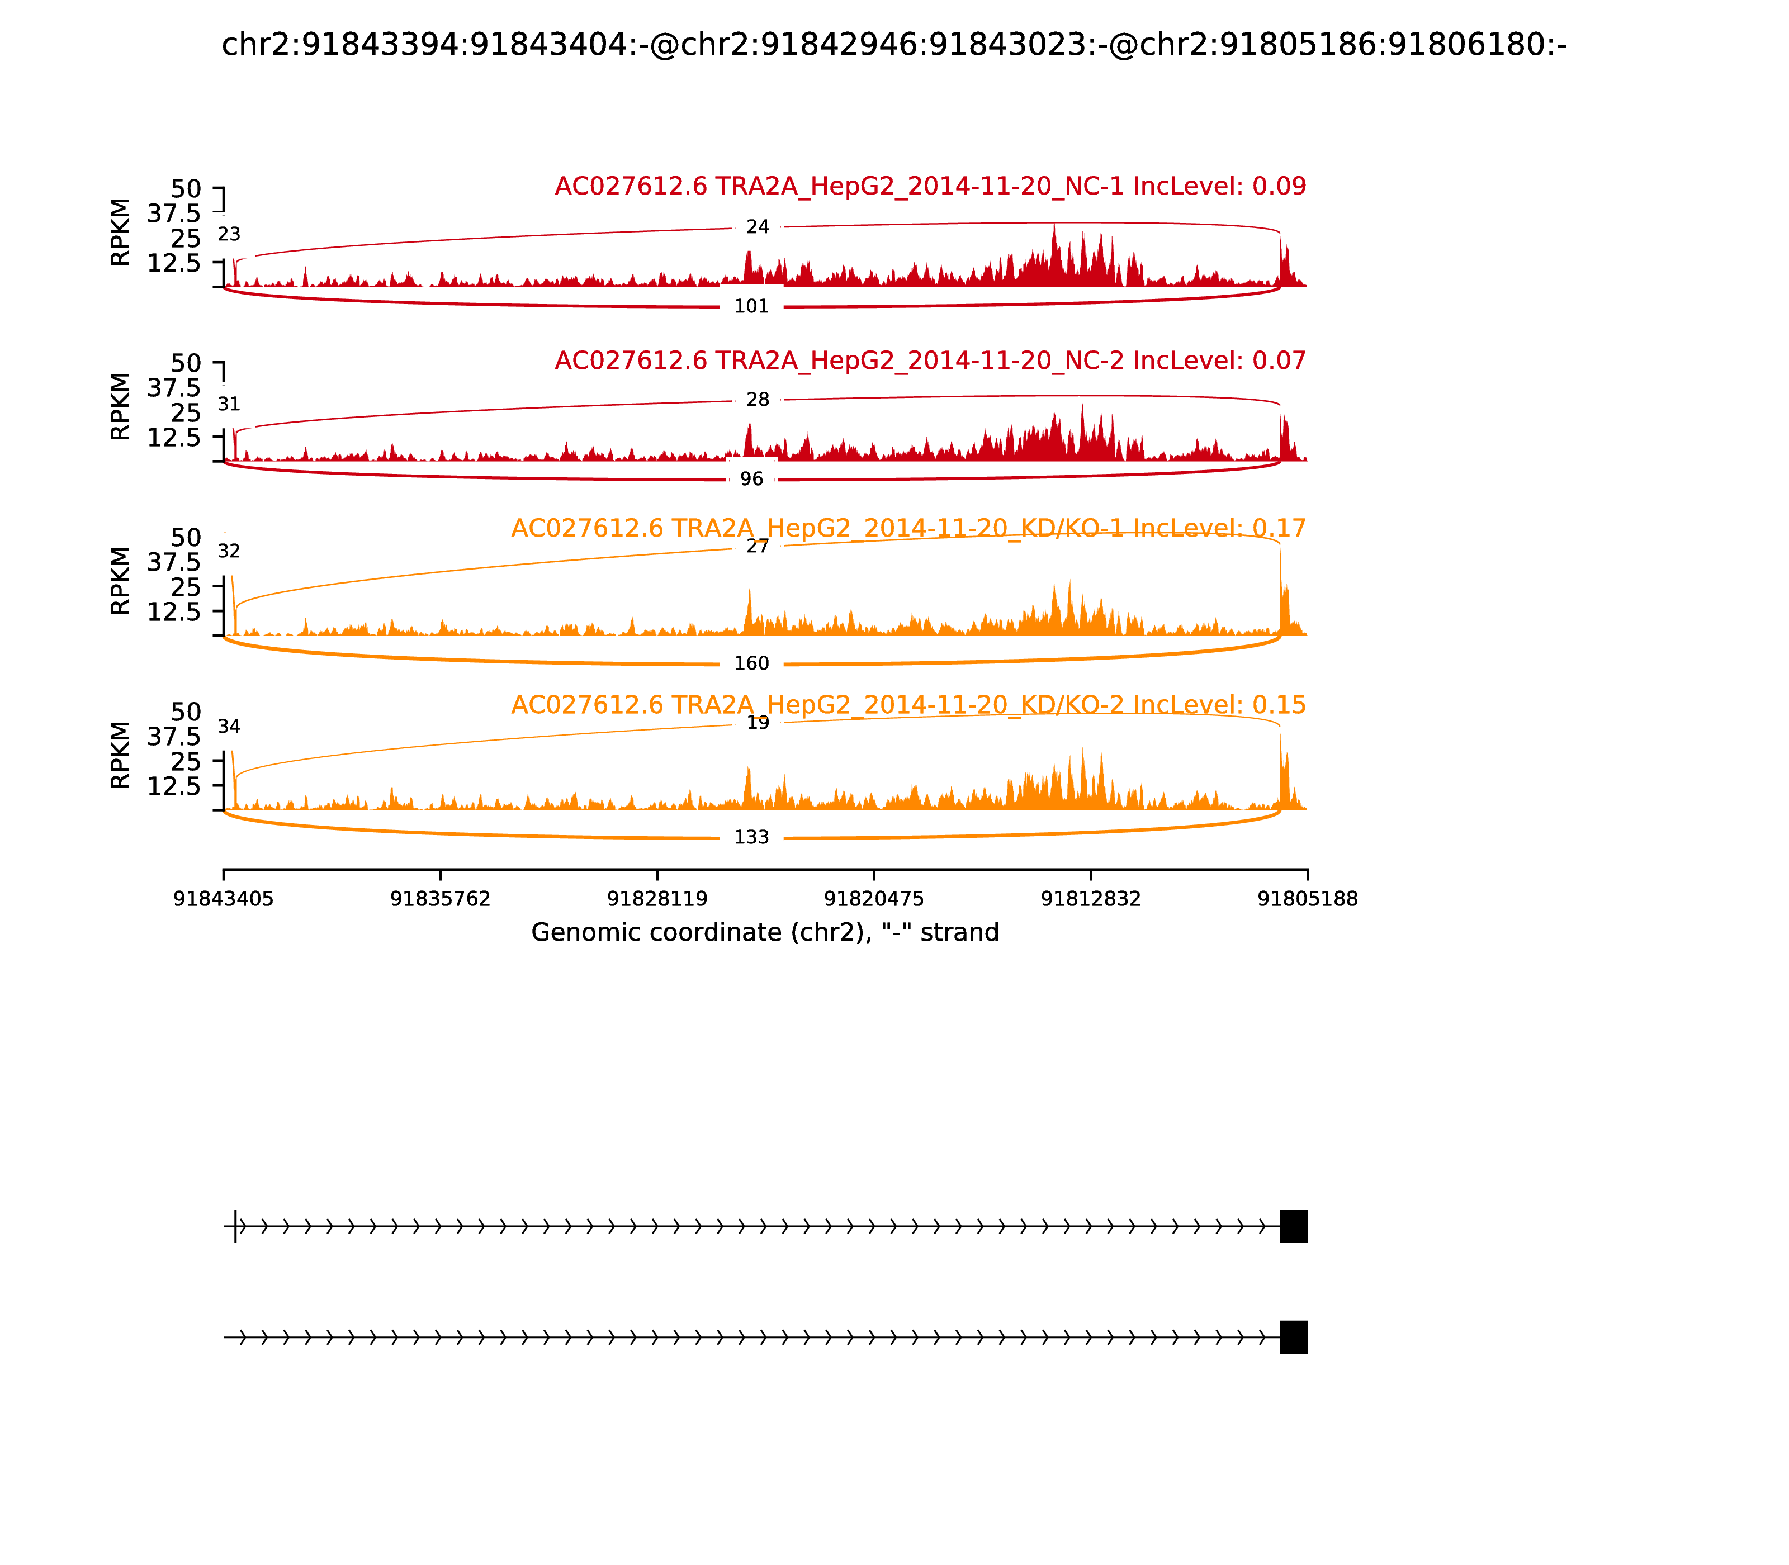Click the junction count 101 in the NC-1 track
(x=751, y=306)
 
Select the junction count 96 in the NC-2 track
(x=751, y=480)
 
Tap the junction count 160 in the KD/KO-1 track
(x=751, y=664)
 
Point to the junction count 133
(x=751, y=837)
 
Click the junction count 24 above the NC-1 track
(x=758, y=227)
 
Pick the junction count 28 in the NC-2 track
(x=758, y=400)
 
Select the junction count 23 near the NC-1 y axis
(x=229, y=234)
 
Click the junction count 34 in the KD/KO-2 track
(x=229, y=727)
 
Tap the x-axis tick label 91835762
(x=441, y=899)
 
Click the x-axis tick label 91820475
(x=873, y=899)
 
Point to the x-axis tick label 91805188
(x=1307, y=899)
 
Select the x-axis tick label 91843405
(x=224, y=899)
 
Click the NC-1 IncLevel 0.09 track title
(x=930, y=187)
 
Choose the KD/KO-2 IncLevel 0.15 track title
(x=908, y=705)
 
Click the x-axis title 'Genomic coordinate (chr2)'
(x=764, y=933)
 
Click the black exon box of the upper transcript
(x=1293, y=1226)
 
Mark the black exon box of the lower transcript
(x=1293, y=1337)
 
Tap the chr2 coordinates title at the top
(x=893, y=45)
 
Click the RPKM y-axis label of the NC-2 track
(x=121, y=407)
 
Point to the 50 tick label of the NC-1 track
(x=185, y=189)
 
